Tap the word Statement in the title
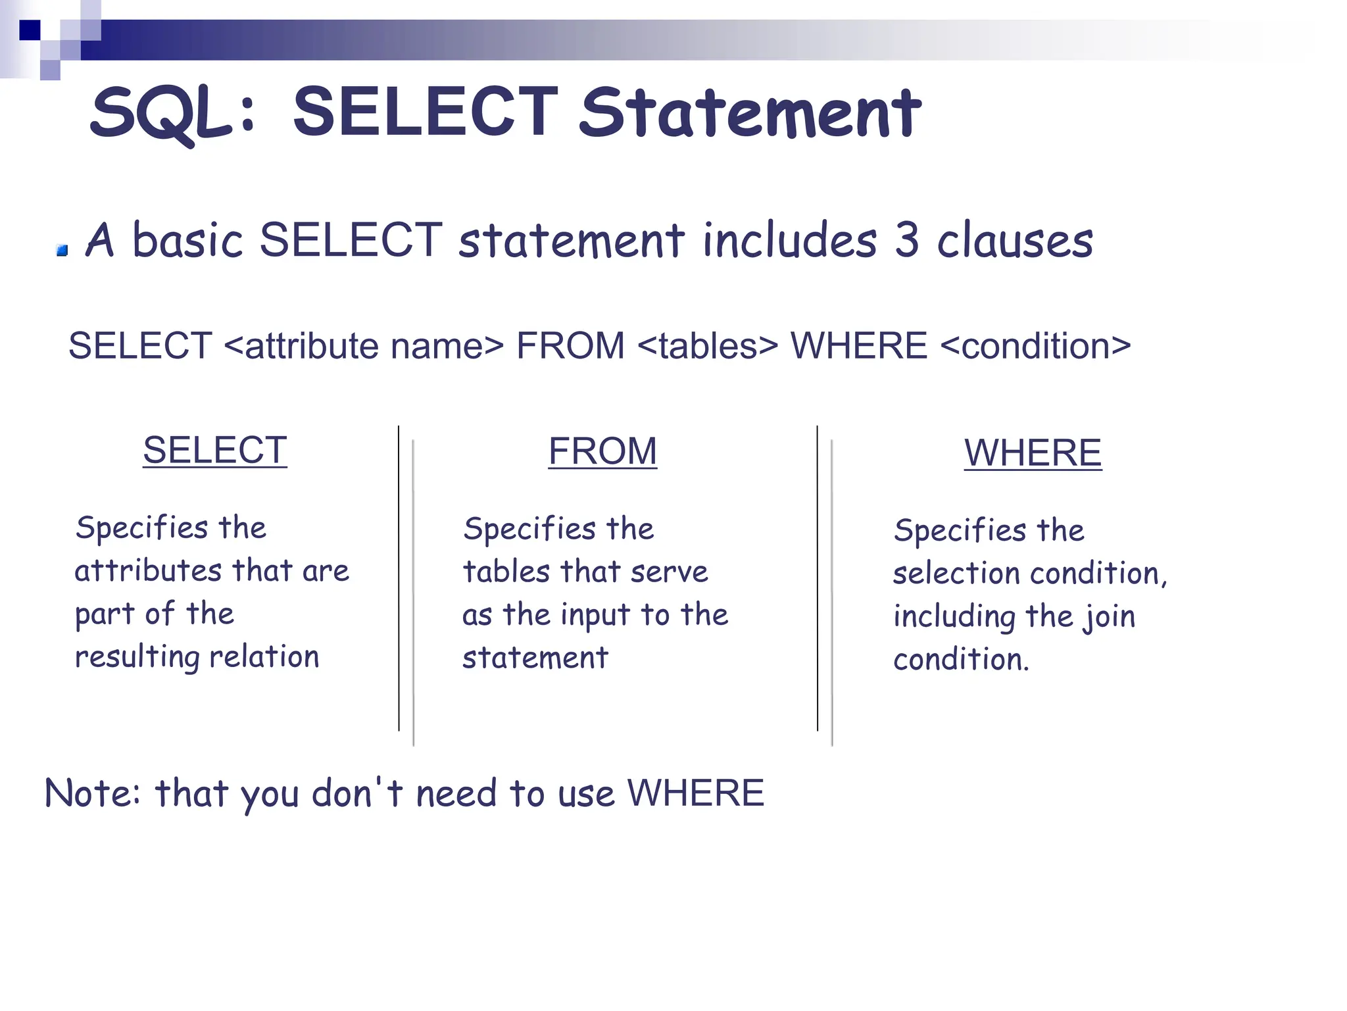click(x=750, y=113)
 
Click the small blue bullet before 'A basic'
click(x=62, y=250)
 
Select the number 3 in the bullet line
click(x=907, y=240)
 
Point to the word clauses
click(x=1015, y=240)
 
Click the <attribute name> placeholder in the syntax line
click(x=364, y=346)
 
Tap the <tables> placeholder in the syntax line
click(x=708, y=346)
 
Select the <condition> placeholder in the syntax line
click(x=1036, y=346)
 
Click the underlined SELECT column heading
click(x=215, y=451)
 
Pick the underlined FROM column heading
click(x=602, y=452)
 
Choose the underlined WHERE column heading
click(x=1033, y=453)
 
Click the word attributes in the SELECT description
click(x=148, y=570)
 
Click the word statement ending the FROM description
click(x=535, y=658)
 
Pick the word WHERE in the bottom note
click(x=695, y=793)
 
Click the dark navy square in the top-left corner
click(x=30, y=30)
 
